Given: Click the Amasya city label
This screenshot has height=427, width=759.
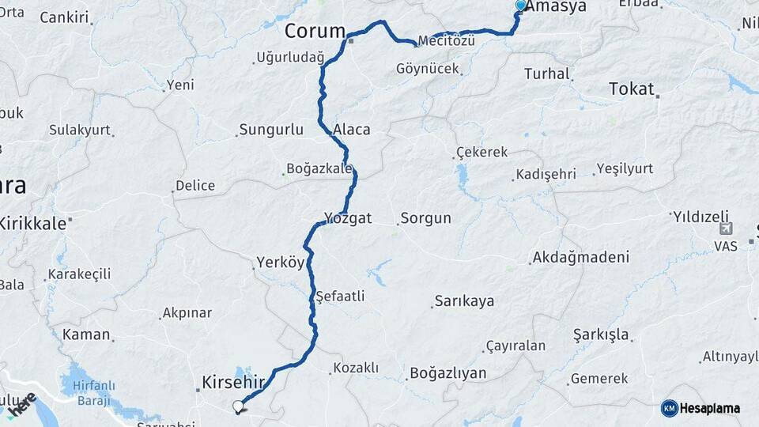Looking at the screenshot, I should tap(557, 7).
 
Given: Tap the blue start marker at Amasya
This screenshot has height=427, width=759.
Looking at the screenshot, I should tap(520, 6).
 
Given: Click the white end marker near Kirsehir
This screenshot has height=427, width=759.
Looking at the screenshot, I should tap(238, 406).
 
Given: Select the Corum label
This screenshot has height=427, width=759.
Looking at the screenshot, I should tap(315, 32).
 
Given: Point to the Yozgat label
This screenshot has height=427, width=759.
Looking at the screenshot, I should tap(348, 218).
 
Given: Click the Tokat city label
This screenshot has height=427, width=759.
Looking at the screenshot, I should tap(632, 89).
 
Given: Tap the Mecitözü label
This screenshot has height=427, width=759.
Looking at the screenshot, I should tap(447, 41).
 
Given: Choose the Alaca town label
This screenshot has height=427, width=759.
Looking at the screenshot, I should tap(352, 130).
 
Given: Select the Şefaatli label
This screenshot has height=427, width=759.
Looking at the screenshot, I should tap(340, 297).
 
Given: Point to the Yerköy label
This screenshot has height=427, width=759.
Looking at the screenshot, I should tap(280, 263).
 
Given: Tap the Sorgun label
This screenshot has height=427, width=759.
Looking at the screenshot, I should tap(425, 218).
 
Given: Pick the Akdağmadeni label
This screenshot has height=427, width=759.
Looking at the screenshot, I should tap(581, 257).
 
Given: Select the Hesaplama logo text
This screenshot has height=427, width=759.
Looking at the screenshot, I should tap(710, 408).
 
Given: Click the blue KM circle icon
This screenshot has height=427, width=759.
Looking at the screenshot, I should tap(670, 408).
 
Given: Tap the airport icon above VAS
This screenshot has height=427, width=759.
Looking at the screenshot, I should tap(725, 229).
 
